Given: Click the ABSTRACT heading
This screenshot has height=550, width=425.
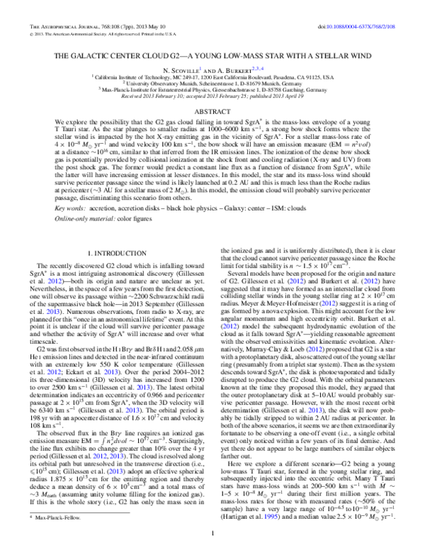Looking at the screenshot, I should (x=212, y=112).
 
